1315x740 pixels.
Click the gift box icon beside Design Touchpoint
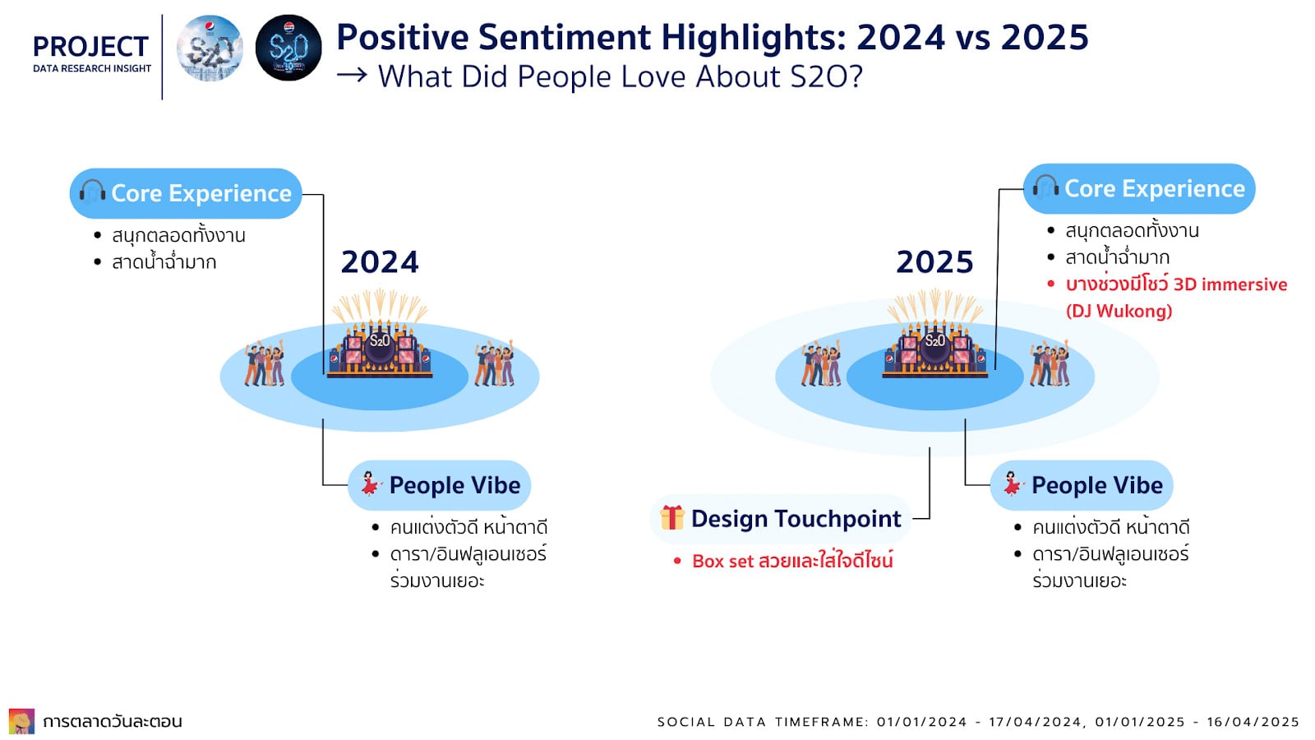[672, 517]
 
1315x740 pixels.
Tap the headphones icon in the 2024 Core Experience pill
[92, 192]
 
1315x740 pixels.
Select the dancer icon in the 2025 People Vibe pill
[1012, 484]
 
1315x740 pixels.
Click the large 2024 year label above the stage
[380, 262]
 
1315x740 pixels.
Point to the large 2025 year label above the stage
[934, 262]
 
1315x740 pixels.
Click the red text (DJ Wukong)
[1119, 311]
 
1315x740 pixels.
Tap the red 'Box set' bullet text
[792, 561]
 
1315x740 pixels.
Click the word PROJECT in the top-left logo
[91, 47]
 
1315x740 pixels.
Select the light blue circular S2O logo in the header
[210, 49]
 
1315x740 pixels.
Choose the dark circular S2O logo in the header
[288, 49]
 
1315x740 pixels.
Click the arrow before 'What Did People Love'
[352, 75]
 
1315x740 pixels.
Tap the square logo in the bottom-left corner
[21, 720]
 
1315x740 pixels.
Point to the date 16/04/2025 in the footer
[1253, 722]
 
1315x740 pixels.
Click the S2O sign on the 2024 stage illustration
[379, 341]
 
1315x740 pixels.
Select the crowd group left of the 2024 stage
[264, 363]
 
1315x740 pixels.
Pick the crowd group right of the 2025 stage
[1050, 363]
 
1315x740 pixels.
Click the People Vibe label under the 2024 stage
[455, 485]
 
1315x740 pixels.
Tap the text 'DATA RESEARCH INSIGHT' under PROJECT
[92, 69]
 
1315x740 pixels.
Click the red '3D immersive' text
[1230, 284]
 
